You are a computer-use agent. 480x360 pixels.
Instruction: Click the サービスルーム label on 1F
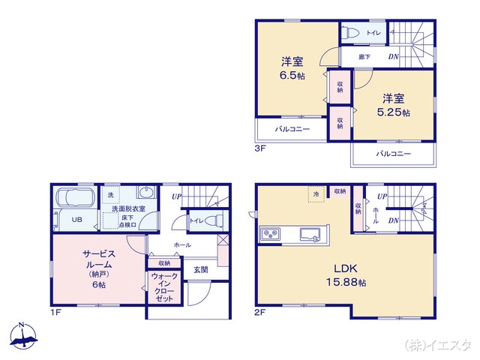point(97,264)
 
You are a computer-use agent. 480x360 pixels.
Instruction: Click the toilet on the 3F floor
point(351,33)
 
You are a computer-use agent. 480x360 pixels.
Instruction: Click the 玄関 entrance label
point(200,269)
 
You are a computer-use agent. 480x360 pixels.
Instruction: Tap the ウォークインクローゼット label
point(164,287)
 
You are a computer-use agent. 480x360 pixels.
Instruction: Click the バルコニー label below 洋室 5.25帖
point(393,153)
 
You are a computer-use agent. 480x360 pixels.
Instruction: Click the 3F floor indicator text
point(259,149)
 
